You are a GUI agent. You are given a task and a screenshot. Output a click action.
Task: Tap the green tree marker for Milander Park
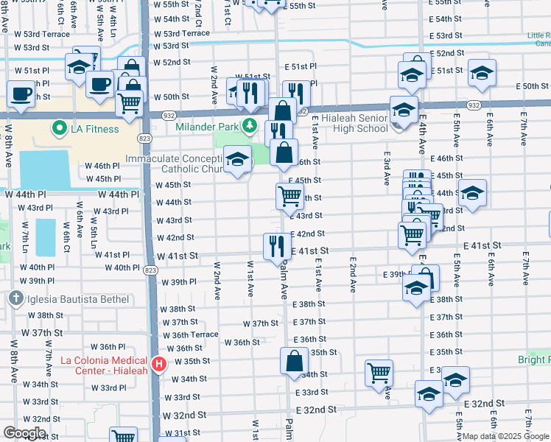tap(250, 125)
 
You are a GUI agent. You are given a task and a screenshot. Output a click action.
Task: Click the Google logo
tap(24, 434)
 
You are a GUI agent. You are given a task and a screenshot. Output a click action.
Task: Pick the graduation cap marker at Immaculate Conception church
tap(237, 160)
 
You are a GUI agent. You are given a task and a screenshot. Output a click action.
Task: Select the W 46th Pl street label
tap(102, 166)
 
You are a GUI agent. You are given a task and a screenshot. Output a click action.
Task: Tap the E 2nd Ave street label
tap(354, 272)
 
